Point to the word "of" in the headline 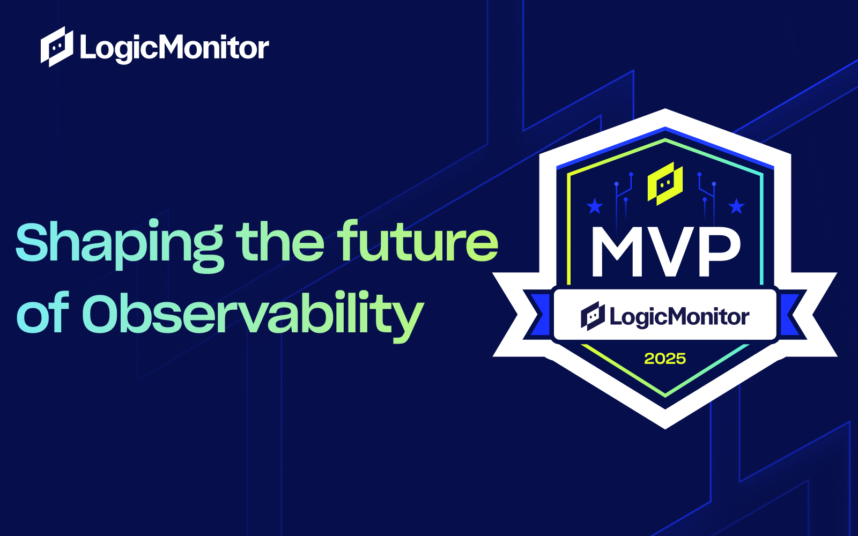click(43, 312)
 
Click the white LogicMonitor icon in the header click(57, 47)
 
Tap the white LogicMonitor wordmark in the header click(175, 48)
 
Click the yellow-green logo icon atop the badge click(665, 184)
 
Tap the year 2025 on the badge click(665, 359)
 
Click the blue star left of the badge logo click(595, 206)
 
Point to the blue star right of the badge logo click(736, 206)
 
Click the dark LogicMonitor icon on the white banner click(593, 316)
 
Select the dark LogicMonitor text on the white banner click(679, 317)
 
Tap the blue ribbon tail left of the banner click(538, 315)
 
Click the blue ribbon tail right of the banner click(792, 315)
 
